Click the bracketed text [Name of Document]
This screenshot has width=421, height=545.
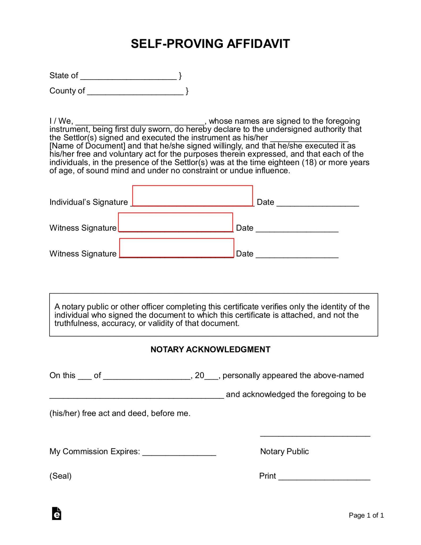click(87, 146)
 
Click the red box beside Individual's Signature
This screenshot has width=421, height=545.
click(192, 196)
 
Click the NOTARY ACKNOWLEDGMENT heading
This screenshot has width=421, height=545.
click(210, 349)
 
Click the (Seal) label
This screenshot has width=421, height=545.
click(60, 476)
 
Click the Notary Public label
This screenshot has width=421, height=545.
click(284, 451)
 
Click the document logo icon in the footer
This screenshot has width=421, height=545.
click(57, 514)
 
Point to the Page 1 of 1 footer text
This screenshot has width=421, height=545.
click(366, 515)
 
